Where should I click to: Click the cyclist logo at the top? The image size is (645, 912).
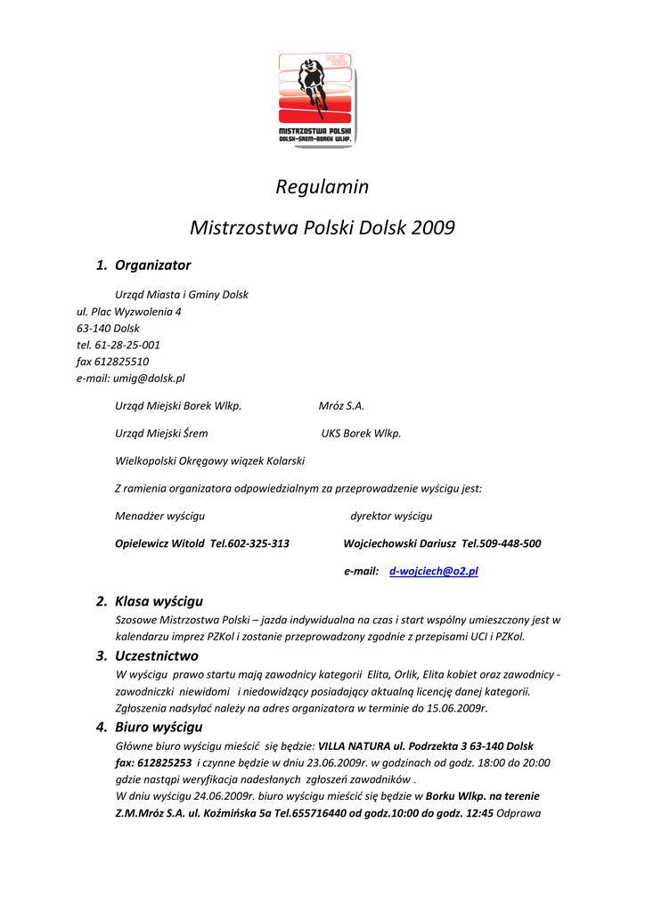pos(316,98)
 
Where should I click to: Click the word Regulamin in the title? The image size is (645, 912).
pos(322,187)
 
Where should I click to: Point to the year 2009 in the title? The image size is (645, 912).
pos(433,228)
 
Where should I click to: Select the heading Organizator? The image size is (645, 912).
pos(152,265)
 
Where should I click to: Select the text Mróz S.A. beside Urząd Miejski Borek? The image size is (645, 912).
pos(341,405)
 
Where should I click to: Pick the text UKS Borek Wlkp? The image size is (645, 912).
pos(361,434)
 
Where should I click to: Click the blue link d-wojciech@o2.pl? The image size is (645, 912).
pos(434,571)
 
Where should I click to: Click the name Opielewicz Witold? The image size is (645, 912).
pos(159,543)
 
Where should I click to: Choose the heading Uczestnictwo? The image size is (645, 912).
pos(157,655)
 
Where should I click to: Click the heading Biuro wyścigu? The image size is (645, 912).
pos(159,727)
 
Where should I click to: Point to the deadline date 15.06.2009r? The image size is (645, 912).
pos(456,708)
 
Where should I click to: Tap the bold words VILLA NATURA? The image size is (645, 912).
pos(354,745)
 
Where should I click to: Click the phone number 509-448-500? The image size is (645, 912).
pos(510,543)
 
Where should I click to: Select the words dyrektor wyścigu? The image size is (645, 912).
pos(391,516)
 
